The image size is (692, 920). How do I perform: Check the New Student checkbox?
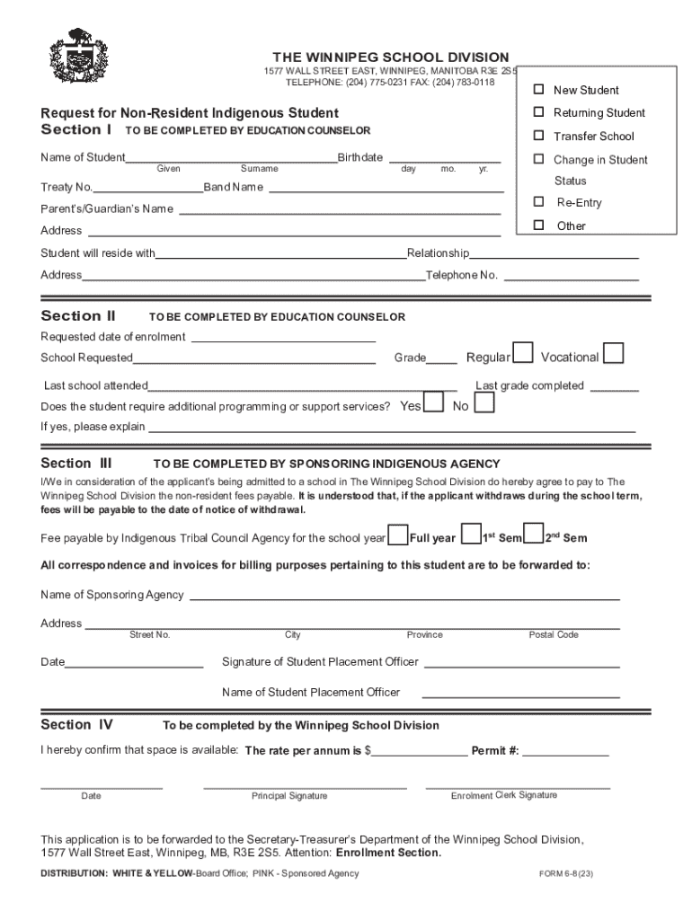[x=539, y=90]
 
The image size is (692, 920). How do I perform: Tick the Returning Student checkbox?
[x=539, y=112]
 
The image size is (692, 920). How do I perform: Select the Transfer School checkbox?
[x=539, y=136]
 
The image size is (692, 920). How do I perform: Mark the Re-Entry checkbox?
[x=539, y=202]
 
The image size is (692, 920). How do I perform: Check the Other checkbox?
[x=539, y=226]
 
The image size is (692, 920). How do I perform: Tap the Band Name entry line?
[x=383, y=188]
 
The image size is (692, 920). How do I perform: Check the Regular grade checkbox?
[x=522, y=354]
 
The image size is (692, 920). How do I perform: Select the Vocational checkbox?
[x=614, y=354]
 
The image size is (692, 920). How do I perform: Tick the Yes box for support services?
[x=433, y=403]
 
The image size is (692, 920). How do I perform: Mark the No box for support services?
[x=484, y=403]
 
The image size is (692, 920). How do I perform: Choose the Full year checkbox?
[x=397, y=535]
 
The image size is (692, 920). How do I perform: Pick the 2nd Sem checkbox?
[x=534, y=535]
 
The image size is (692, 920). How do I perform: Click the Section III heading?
[x=76, y=464]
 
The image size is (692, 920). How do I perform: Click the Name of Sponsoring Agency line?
[x=404, y=595]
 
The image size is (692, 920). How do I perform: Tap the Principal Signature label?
[x=289, y=796]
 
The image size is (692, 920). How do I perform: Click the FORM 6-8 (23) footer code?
[x=565, y=873]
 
